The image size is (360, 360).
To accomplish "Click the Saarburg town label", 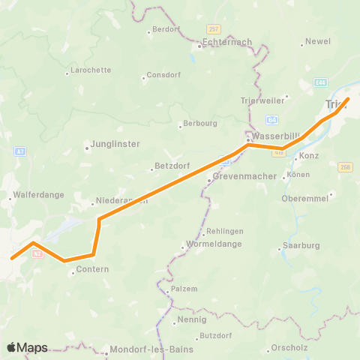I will coord(300,246).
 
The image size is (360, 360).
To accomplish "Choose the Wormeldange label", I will coord(214,246).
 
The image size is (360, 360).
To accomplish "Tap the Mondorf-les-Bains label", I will coord(151,349).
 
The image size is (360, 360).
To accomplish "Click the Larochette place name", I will coord(90,70).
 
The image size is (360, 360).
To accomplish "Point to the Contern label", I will coord(93,269).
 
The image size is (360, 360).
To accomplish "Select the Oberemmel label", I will coord(303,198).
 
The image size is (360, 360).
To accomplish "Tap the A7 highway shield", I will coord(20,151).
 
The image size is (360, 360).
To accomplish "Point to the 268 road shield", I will coord(345,167).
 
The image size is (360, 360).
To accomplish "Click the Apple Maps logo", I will coord(28,348).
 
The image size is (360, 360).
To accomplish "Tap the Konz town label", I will coord(309,156).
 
